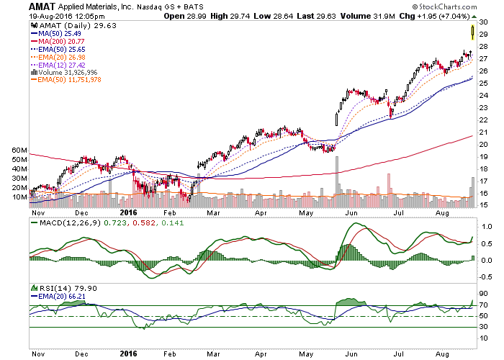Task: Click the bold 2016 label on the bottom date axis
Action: tap(128, 212)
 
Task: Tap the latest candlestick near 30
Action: tap(472, 31)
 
